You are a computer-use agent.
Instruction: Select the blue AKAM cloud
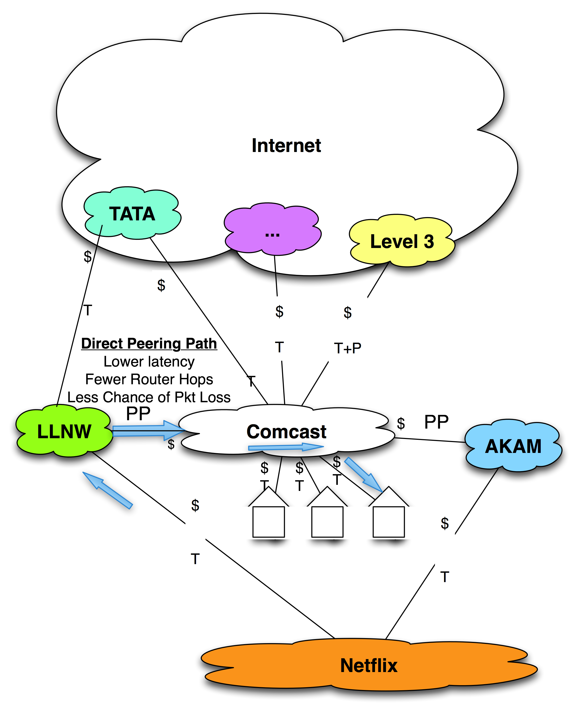pyautogui.click(x=513, y=446)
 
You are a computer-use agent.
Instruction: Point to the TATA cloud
pyautogui.click(x=132, y=214)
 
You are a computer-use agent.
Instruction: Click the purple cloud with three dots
pyautogui.click(x=272, y=229)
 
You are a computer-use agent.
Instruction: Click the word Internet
pyautogui.click(x=286, y=145)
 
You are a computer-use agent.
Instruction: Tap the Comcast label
pyautogui.click(x=286, y=431)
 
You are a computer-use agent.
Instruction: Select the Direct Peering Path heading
pyautogui.click(x=149, y=343)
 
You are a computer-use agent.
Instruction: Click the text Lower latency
pyautogui.click(x=149, y=361)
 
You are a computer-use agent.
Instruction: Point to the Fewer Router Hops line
pyautogui.click(x=149, y=379)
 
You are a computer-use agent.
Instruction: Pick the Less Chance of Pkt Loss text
pyautogui.click(x=149, y=397)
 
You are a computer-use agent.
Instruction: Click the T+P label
pyautogui.click(x=347, y=348)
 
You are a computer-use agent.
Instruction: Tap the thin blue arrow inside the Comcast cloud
pyautogui.click(x=286, y=447)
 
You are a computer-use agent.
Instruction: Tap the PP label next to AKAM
pyautogui.click(x=436, y=422)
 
